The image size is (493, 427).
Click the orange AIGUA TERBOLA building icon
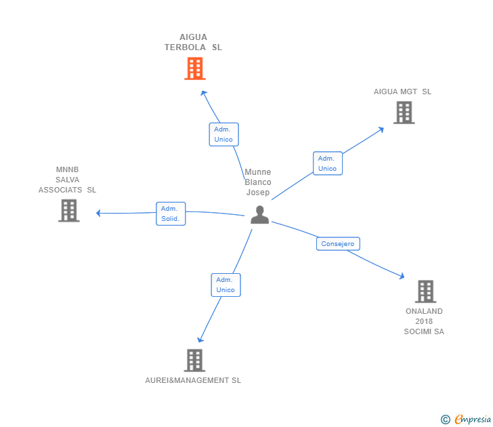194,68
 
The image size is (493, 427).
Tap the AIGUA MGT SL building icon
404,113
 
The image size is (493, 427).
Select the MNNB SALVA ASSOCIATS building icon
68,211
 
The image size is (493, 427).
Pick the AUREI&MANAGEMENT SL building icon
194,361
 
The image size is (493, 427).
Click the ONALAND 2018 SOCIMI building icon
425,291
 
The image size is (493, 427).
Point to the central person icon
259,215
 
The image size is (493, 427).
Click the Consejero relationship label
338,244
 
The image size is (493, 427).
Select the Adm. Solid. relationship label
171,213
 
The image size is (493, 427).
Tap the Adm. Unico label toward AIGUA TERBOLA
223,134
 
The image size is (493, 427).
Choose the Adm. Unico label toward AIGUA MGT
327,163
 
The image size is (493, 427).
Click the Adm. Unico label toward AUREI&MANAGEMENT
226,285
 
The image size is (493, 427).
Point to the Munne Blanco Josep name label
258,182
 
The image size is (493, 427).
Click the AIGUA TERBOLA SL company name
193,42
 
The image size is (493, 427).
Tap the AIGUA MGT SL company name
402,91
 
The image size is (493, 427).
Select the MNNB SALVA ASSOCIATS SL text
67,180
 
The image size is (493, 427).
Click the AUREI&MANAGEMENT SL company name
193,380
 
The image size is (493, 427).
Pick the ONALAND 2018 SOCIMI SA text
424,321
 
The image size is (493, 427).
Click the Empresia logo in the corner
472,420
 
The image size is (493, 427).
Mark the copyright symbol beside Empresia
445,420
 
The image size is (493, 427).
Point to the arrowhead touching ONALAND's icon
402,277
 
